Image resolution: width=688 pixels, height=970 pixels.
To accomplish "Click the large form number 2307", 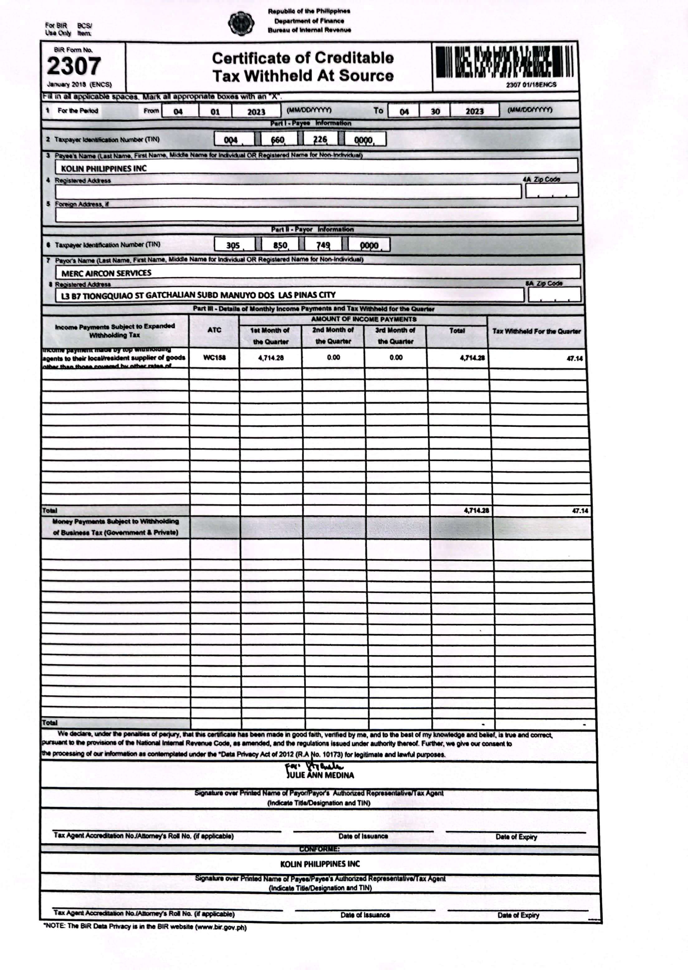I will click(x=74, y=66).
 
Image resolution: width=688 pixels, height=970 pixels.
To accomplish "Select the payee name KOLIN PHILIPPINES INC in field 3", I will click(x=104, y=168).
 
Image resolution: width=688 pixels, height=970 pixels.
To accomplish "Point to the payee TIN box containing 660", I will click(x=278, y=139).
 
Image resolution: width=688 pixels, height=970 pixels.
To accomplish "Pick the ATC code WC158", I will click(x=214, y=357).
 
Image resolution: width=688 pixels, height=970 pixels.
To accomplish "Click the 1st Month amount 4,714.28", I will click(x=271, y=358).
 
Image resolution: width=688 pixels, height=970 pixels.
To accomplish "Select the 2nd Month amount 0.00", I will click(x=333, y=357).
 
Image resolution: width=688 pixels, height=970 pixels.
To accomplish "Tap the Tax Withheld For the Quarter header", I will click(x=536, y=331).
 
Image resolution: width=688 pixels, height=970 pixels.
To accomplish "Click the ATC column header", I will click(x=214, y=330).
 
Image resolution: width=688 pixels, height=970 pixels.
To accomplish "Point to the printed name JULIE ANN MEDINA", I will click(x=320, y=775).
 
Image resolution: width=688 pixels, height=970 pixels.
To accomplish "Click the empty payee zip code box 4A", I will click(x=552, y=191).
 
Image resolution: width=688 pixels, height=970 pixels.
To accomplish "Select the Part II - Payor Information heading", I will click(x=312, y=229).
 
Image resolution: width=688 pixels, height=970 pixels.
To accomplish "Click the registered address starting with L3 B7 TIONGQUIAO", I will click(x=198, y=295).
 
